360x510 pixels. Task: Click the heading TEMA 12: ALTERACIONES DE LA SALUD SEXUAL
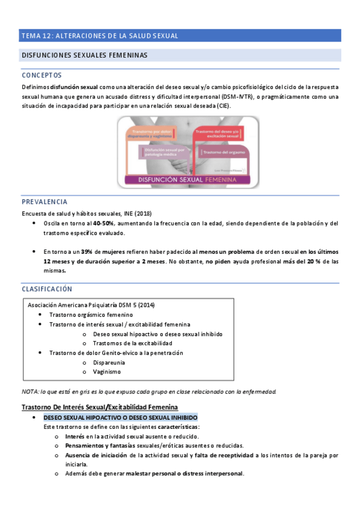click(x=100, y=35)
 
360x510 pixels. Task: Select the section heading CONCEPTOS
click(x=41, y=76)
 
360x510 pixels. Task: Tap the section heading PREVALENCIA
click(x=44, y=201)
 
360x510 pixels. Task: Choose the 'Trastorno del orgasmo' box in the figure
click(x=223, y=153)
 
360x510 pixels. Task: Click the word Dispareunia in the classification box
click(x=109, y=363)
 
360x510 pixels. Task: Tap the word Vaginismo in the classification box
click(x=107, y=372)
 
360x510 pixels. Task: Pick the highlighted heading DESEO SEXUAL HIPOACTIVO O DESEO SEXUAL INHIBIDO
click(x=120, y=417)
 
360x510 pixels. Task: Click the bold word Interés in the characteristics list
click(x=75, y=436)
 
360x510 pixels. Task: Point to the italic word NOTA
click(x=30, y=392)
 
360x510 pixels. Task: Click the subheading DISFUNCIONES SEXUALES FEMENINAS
click(x=85, y=55)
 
